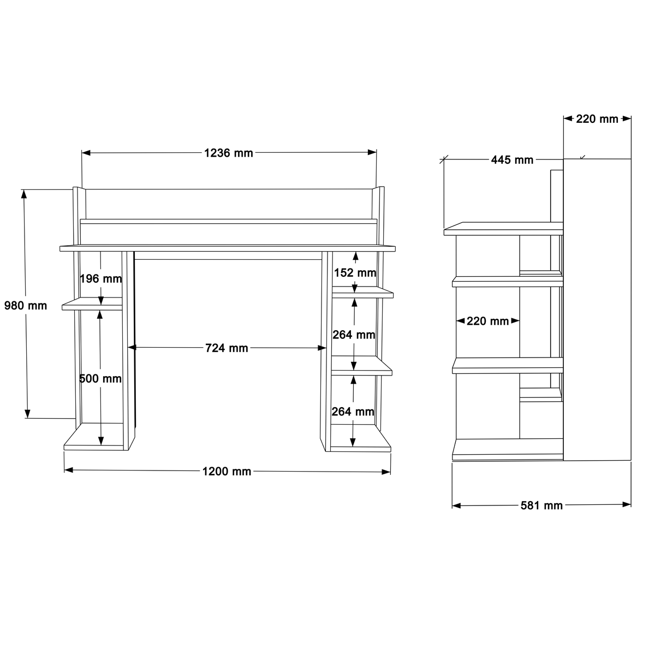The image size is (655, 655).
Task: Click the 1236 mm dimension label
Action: click(228, 153)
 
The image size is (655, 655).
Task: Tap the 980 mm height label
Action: click(26, 306)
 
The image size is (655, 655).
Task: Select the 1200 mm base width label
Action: click(227, 472)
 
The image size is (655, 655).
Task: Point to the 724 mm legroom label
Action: click(227, 348)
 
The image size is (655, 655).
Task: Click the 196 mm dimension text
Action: click(100, 279)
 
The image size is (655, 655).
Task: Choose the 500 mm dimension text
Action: click(100, 379)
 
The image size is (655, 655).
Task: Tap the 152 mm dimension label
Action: click(355, 272)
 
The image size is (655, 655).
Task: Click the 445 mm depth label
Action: click(512, 160)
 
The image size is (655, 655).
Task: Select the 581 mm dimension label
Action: click(542, 505)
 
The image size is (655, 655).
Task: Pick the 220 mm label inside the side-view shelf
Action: click(488, 321)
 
